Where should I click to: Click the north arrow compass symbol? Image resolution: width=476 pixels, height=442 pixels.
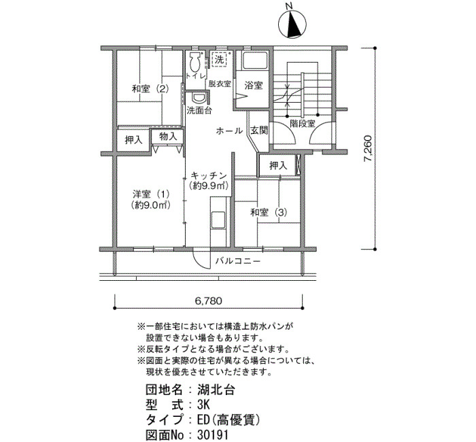pos(292,24)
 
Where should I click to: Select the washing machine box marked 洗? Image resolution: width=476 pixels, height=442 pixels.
pos(220,60)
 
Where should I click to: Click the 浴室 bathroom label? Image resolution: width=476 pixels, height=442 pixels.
pos(254,85)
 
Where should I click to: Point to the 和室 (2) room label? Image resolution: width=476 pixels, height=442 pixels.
pos(150,89)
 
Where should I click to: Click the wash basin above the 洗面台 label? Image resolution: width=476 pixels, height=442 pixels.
pos(199,98)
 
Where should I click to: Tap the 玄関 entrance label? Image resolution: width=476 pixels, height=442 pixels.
pos(259,131)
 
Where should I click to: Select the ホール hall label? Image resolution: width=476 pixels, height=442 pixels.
pos(229,131)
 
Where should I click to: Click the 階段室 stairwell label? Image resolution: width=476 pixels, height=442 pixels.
pos(303,124)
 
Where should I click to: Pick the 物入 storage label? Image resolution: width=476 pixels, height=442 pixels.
pos(168,136)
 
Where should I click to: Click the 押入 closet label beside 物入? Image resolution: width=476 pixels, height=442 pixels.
pos(133,139)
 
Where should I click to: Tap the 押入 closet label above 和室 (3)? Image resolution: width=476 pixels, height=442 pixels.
pos(278,165)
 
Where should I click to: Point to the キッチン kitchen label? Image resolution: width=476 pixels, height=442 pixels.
pos(209,175)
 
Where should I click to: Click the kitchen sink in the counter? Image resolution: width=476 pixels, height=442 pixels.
pos(218,220)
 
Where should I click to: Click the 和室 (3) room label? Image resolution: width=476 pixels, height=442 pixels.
pos(269,212)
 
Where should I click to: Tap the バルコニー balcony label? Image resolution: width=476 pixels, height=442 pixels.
pos(238,261)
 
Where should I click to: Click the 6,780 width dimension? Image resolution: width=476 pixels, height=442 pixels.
pos(208,301)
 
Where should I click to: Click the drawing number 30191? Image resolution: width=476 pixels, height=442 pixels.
pos(212,435)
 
